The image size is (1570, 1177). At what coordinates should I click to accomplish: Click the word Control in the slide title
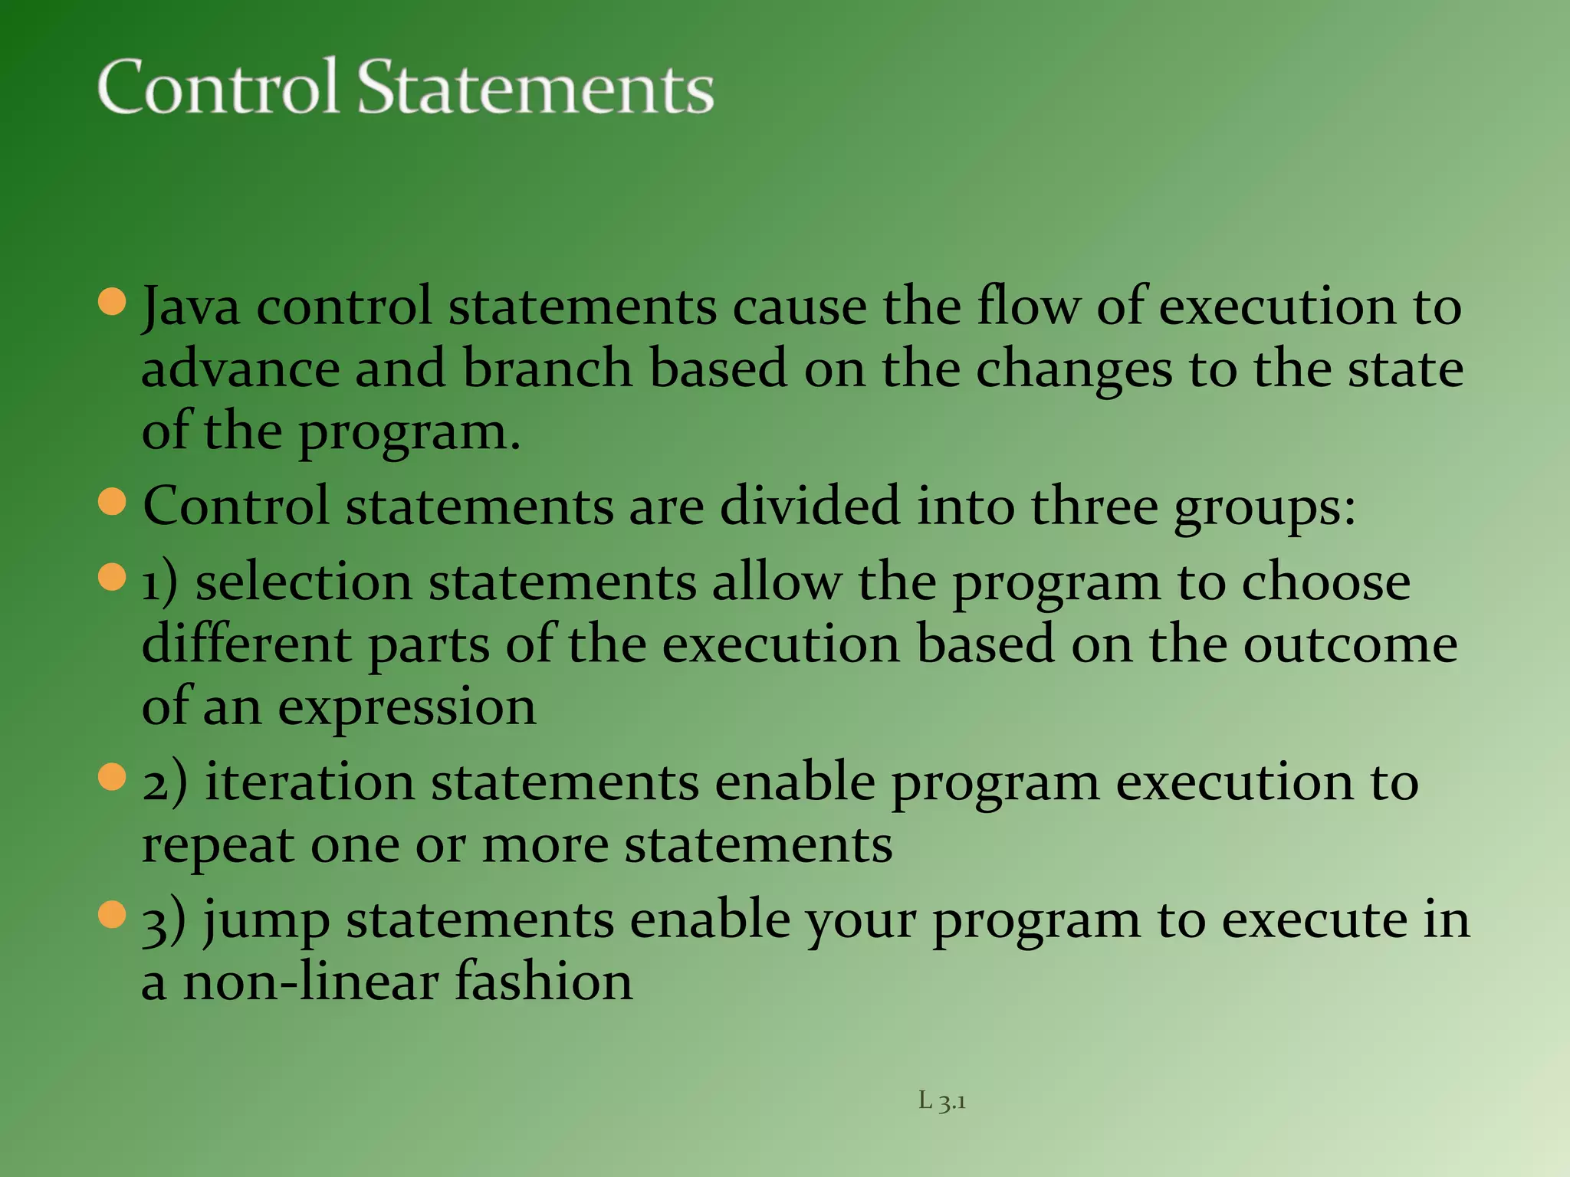click(x=218, y=87)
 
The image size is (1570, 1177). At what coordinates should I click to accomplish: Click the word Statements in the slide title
click(x=536, y=87)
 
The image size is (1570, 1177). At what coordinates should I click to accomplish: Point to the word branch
click(x=547, y=369)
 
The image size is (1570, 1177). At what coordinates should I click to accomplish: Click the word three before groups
click(x=1094, y=507)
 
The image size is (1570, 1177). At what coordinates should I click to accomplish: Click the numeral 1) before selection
click(x=160, y=583)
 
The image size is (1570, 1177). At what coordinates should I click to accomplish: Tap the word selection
click(x=304, y=583)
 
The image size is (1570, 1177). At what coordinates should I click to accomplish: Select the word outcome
click(x=1350, y=645)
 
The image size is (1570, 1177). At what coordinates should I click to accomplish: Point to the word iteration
click(x=310, y=783)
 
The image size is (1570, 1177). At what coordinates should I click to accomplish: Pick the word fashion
click(x=544, y=982)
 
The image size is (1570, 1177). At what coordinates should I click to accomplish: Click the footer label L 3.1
click(x=942, y=1102)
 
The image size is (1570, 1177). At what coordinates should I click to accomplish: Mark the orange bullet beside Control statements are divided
click(x=113, y=502)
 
